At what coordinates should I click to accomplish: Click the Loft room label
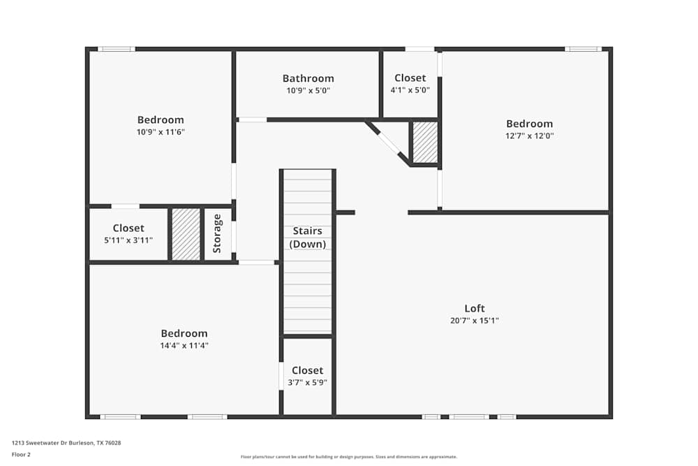[x=475, y=308]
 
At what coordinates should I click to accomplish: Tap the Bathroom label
[x=308, y=78]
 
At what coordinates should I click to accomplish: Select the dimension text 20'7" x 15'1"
[x=475, y=321]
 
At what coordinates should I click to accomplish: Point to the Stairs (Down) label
[x=308, y=238]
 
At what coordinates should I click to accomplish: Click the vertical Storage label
[x=217, y=233]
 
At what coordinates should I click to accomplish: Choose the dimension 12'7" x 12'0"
[x=529, y=136]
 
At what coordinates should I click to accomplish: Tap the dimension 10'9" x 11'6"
[x=161, y=132]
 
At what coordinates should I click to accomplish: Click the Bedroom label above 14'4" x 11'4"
[x=184, y=333]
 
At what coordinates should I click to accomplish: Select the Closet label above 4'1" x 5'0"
[x=410, y=78]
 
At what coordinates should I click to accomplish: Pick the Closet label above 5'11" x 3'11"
[x=128, y=228]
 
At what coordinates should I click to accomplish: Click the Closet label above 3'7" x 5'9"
[x=308, y=370]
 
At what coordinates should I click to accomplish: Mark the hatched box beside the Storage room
[x=186, y=234]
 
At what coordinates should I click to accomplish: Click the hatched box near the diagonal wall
[x=424, y=143]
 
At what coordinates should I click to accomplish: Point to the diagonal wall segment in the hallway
[x=388, y=143]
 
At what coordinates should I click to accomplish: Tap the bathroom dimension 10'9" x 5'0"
[x=308, y=90]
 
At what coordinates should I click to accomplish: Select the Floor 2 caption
[x=21, y=454]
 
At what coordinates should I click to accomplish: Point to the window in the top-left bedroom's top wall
[x=116, y=49]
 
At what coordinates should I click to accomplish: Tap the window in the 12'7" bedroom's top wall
[x=582, y=49]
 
